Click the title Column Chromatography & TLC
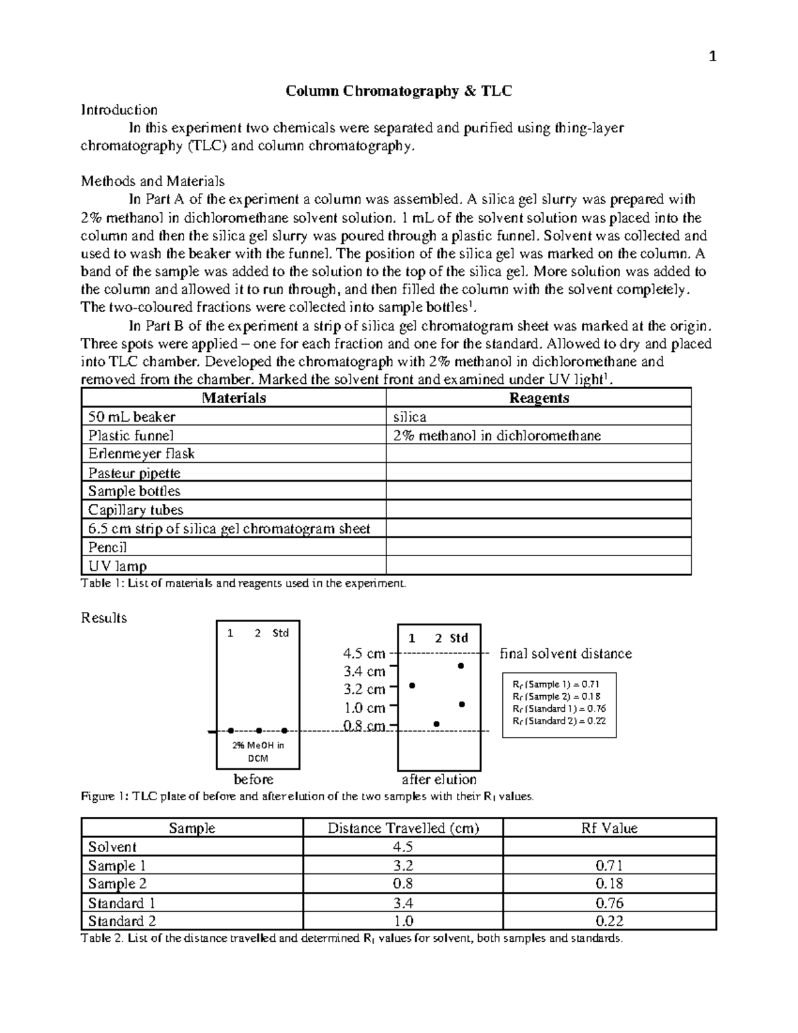click(398, 91)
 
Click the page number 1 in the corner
click(712, 57)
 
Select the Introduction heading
click(119, 110)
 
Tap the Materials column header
click(233, 398)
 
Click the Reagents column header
click(538, 398)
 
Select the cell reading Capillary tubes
click(136, 510)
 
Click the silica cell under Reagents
click(410, 417)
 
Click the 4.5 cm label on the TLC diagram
click(364, 654)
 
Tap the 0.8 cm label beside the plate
click(364, 726)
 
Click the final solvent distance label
click(565, 654)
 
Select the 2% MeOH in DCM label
click(258, 752)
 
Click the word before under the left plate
click(253, 779)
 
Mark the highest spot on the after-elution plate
click(461, 666)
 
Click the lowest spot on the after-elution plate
click(436, 724)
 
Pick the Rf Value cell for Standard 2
click(608, 921)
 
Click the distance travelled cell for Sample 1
click(403, 865)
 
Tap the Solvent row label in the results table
click(112, 847)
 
